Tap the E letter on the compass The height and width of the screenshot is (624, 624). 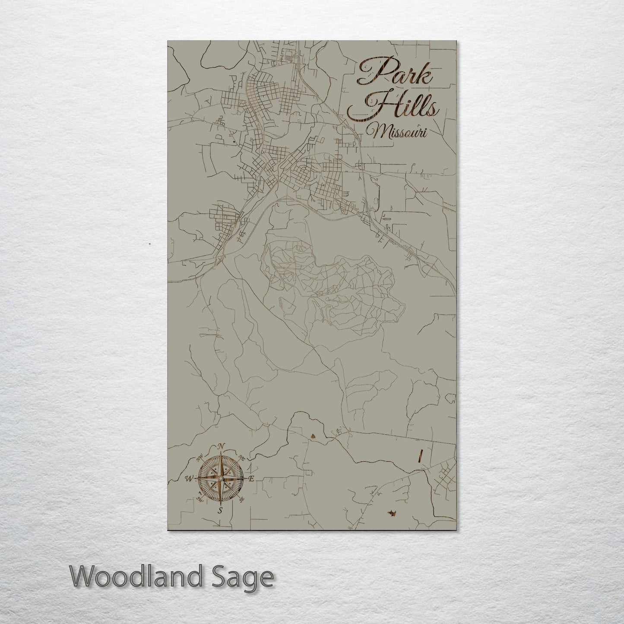252,478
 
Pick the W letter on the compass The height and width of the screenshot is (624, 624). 189,478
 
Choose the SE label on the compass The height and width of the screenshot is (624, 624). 241,500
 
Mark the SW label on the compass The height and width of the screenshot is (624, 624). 200,499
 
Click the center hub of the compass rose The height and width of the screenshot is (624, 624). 221,478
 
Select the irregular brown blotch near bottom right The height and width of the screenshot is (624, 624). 392,513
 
